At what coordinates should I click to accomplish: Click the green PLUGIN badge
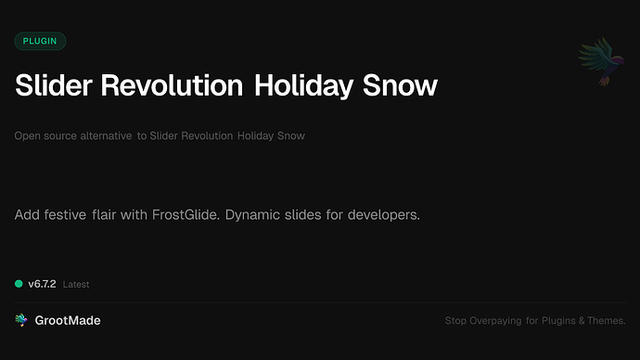click(x=40, y=41)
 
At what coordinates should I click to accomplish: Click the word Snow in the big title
click(x=403, y=86)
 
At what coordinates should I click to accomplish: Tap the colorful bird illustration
click(x=599, y=62)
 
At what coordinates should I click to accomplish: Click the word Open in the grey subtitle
click(x=28, y=136)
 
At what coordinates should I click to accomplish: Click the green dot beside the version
click(x=19, y=284)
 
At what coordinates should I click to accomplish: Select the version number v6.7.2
click(x=42, y=284)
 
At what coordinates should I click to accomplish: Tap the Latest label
click(x=76, y=285)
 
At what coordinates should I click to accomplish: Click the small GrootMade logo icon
click(x=21, y=320)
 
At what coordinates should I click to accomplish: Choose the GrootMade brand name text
click(x=68, y=320)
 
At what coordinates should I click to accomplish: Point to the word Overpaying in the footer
click(x=494, y=321)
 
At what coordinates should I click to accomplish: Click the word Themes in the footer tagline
click(x=606, y=321)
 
